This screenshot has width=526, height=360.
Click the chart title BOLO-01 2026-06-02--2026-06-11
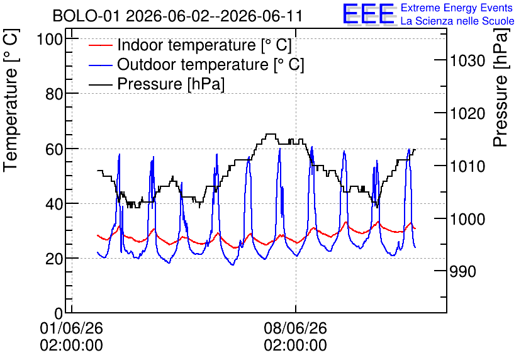click(177, 16)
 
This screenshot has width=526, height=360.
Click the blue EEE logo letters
click(369, 14)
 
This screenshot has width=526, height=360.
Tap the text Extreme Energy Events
click(457, 8)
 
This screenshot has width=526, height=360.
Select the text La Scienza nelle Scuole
click(457, 21)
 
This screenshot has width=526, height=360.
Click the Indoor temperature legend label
click(204, 45)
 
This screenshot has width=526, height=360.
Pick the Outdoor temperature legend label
click(211, 64)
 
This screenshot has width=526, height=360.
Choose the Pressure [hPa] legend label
click(171, 84)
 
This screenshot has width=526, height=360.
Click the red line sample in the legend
click(100, 45)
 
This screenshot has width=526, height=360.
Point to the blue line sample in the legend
click(100, 64)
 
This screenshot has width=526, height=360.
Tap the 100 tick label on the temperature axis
click(50, 39)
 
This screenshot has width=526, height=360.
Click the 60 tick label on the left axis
click(54, 149)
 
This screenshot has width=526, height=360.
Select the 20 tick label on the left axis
click(54, 259)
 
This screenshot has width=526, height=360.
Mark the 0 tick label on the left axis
click(59, 313)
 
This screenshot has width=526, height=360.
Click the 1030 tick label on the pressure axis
click(467, 61)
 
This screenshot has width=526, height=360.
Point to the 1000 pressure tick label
click(467, 220)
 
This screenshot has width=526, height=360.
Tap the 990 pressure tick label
click(462, 272)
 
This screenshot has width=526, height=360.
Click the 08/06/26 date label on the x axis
click(295, 328)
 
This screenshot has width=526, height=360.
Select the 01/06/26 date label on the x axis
click(72, 328)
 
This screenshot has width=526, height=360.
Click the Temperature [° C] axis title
click(11, 101)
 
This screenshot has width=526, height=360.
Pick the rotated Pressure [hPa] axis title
click(501, 87)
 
